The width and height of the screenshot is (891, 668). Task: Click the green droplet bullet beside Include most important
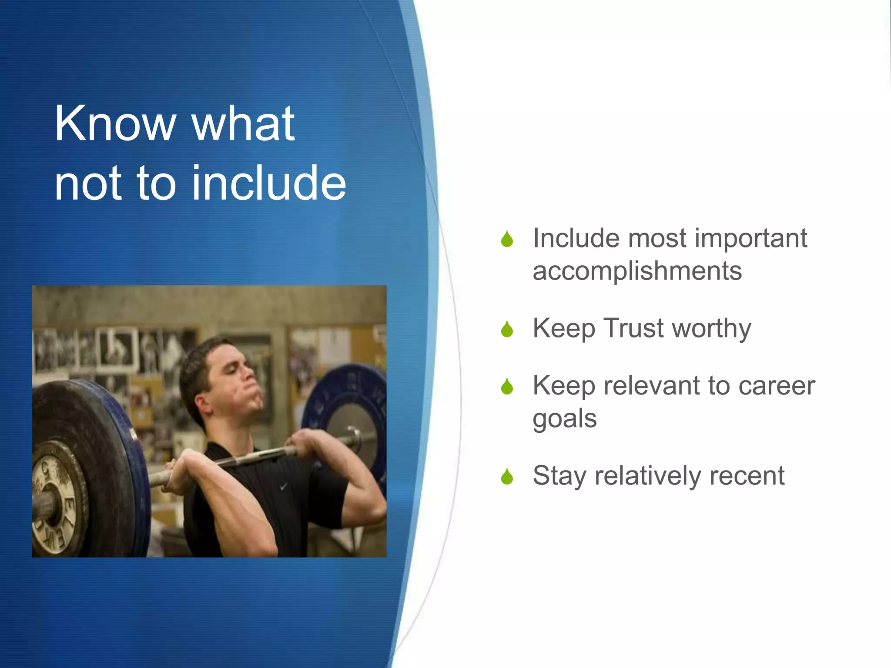[x=507, y=239]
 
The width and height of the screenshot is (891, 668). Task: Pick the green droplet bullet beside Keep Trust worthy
[x=507, y=329]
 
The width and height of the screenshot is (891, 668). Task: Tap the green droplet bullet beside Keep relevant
[x=507, y=386]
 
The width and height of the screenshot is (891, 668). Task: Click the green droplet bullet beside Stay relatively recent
[x=507, y=476]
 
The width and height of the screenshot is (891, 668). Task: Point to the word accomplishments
[x=637, y=271]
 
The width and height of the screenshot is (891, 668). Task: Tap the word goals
[x=564, y=419]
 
